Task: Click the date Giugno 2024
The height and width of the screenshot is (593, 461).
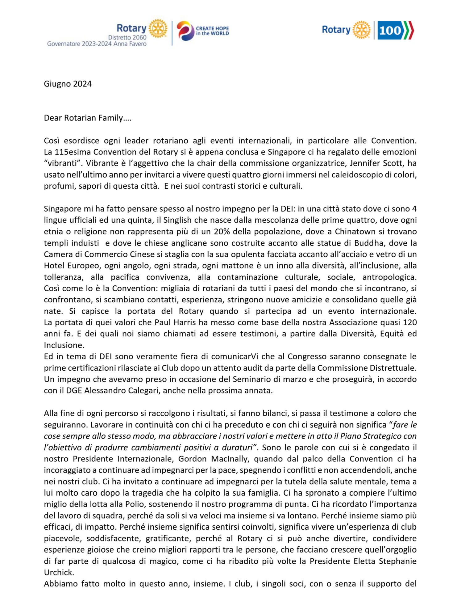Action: coord(68,84)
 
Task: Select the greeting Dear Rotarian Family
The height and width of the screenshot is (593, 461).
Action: coord(87,118)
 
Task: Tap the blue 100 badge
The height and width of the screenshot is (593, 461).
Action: coord(390,30)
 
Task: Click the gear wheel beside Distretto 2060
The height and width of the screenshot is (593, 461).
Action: coord(158,29)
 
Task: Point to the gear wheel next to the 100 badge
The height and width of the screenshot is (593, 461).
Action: coord(361,30)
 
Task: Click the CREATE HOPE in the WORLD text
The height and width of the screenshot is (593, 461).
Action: coord(212,31)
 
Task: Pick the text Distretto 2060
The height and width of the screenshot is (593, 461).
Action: coord(127,37)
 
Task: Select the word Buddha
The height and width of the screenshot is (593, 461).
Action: coord(369,243)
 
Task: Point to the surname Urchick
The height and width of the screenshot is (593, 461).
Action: coord(59,573)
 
